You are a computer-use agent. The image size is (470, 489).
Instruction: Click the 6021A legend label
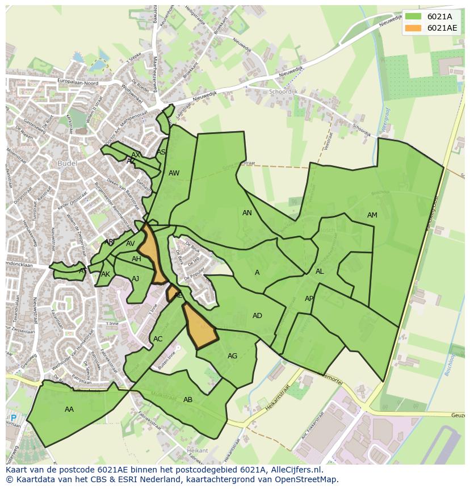point(439,16)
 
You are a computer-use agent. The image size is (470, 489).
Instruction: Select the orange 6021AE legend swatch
point(413,28)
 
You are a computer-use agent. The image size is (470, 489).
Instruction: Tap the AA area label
point(69,409)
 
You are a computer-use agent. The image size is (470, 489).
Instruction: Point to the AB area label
point(188,400)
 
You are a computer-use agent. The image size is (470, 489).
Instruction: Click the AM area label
point(372,215)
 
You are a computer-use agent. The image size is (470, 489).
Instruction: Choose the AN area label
point(247,213)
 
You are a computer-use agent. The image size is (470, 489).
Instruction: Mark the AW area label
point(174,173)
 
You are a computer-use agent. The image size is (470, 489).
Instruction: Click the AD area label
point(257,316)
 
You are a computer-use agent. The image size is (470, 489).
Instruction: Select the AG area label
point(232,356)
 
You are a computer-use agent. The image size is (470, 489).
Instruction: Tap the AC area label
point(158,339)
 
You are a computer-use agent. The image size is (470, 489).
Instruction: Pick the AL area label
point(320,271)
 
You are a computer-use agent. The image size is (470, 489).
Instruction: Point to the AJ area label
point(135,279)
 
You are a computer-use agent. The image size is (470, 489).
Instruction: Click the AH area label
point(136,259)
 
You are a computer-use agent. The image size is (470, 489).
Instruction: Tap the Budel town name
point(67,164)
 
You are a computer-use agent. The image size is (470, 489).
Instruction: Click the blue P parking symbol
point(14,418)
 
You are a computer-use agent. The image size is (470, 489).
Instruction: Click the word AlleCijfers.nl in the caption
point(295,470)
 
